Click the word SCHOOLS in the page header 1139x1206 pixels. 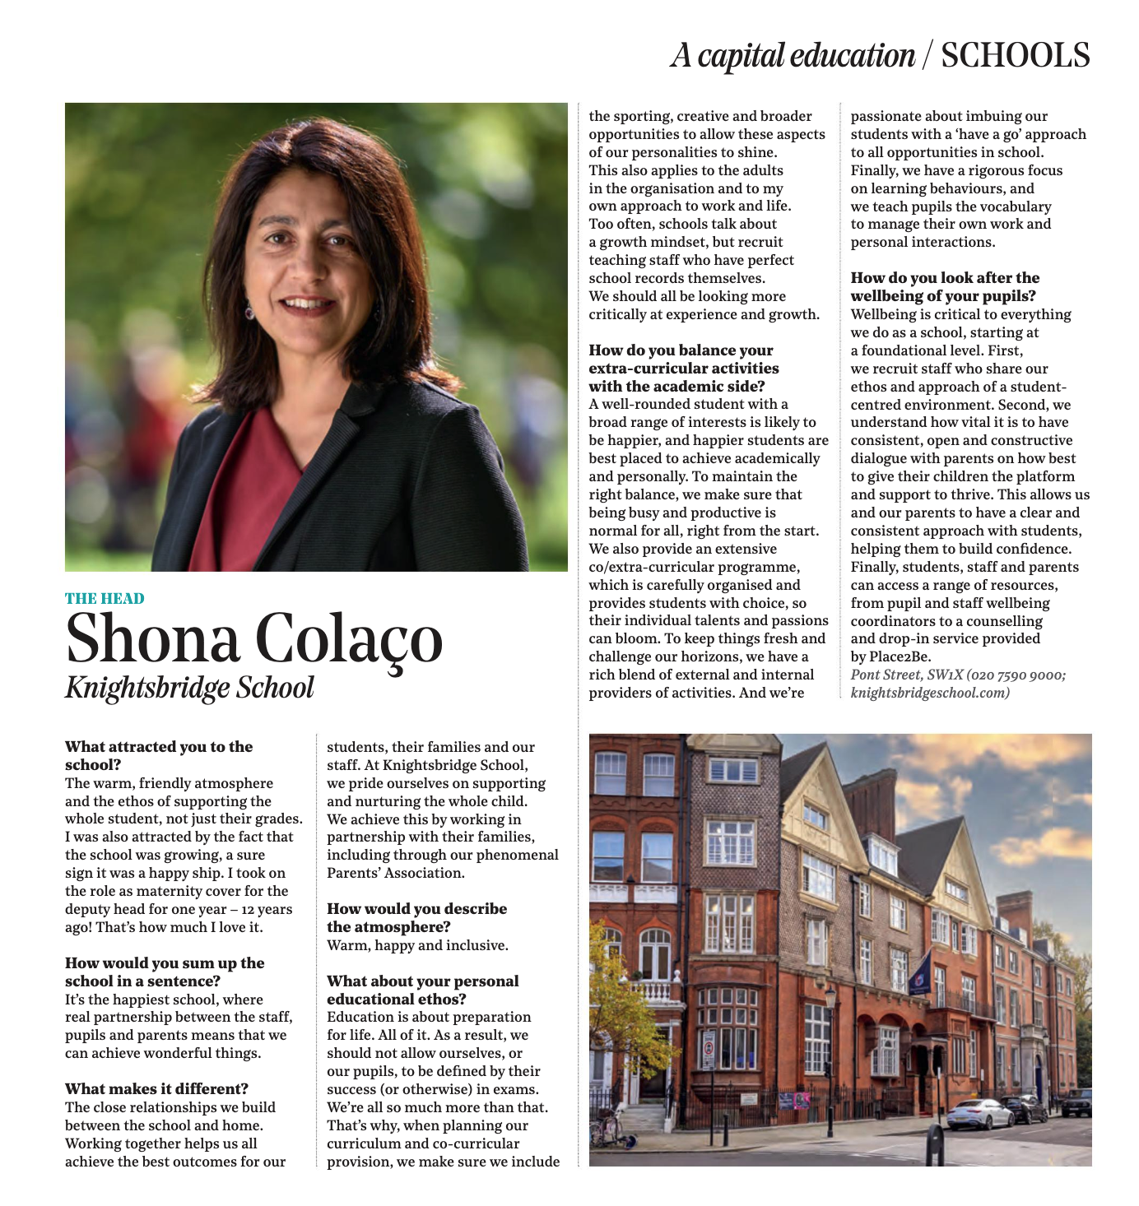tap(1015, 56)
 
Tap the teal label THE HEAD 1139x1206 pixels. tap(105, 598)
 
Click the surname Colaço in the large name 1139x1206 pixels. tap(349, 638)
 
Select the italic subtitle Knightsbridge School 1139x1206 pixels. tap(189, 688)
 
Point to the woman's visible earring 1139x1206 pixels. tap(249, 312)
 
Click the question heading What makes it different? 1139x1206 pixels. tap(156, 1089)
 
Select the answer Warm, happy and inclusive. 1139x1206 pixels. tap(417, 945)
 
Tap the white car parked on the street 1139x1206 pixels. tap(979, 1114)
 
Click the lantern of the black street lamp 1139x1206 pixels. tap(830, 998)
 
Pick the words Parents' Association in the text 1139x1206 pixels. tap(396, 873)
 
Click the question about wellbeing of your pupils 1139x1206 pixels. tap(944, 287)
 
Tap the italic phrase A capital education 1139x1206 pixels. tap(792, 56)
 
